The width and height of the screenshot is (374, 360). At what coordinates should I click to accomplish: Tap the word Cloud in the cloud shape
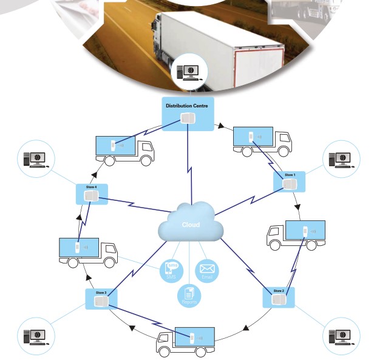pos(191,225)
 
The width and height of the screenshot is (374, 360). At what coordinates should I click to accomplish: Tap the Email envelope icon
pos(208,270)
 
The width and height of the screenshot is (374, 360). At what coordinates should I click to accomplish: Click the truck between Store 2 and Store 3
pos(185,341)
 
